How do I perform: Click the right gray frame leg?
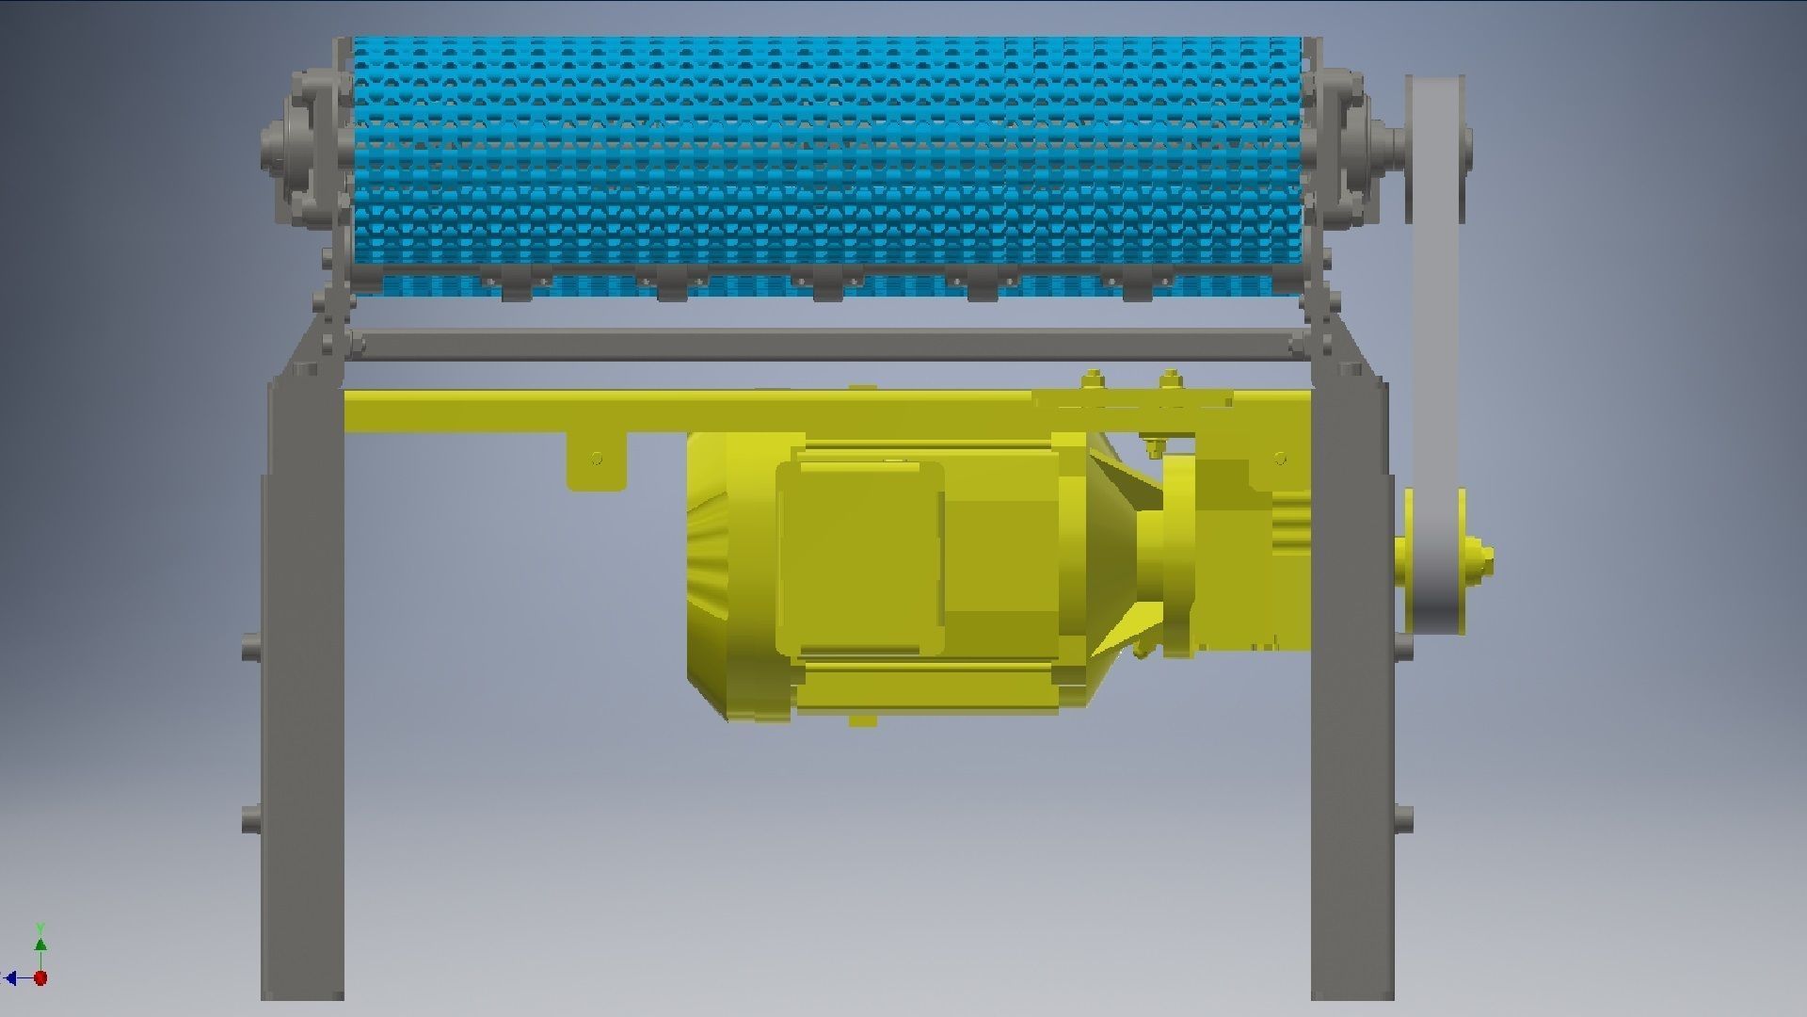(x=1351, y=716)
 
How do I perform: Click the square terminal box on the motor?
(x=859, y=558)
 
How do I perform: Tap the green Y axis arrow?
(x=40, y=944)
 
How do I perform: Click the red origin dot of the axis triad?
(x=40, y=978)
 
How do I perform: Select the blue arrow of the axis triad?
(x=11, y=978)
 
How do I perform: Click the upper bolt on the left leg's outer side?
(x=250, y=647)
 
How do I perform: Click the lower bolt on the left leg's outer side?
(x=250, y=817)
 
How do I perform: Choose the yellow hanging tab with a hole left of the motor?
(x=596, y=461)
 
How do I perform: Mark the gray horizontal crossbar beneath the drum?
(x=828, y=345)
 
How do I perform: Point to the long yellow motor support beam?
(x=659, y=412)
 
